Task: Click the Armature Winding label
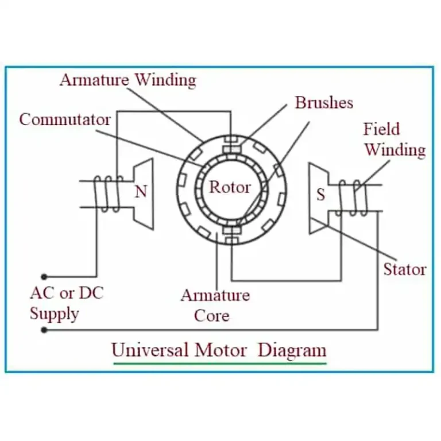coord(128,80)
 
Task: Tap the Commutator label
coord(65,119)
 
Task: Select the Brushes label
coord(324,103)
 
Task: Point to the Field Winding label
coord(395,140)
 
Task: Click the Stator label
coord(405,269)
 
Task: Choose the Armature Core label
coord(215,305)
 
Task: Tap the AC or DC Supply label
coord(67,303)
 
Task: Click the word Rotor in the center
coord(230,187)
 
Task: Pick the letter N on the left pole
coord(141,192)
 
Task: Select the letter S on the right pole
coord(320,194)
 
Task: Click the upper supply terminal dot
coord(44,277)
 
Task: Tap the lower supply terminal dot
coord(44,330)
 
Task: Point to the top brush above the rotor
coord(232,149)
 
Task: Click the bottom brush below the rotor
coord(232,231)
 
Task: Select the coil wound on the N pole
coord(109,194)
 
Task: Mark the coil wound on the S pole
coord(353,198)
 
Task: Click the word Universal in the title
coord(150,350)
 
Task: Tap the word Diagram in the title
coord(292,351)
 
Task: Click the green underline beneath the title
coord(220,363)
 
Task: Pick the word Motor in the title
coord(220,350)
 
